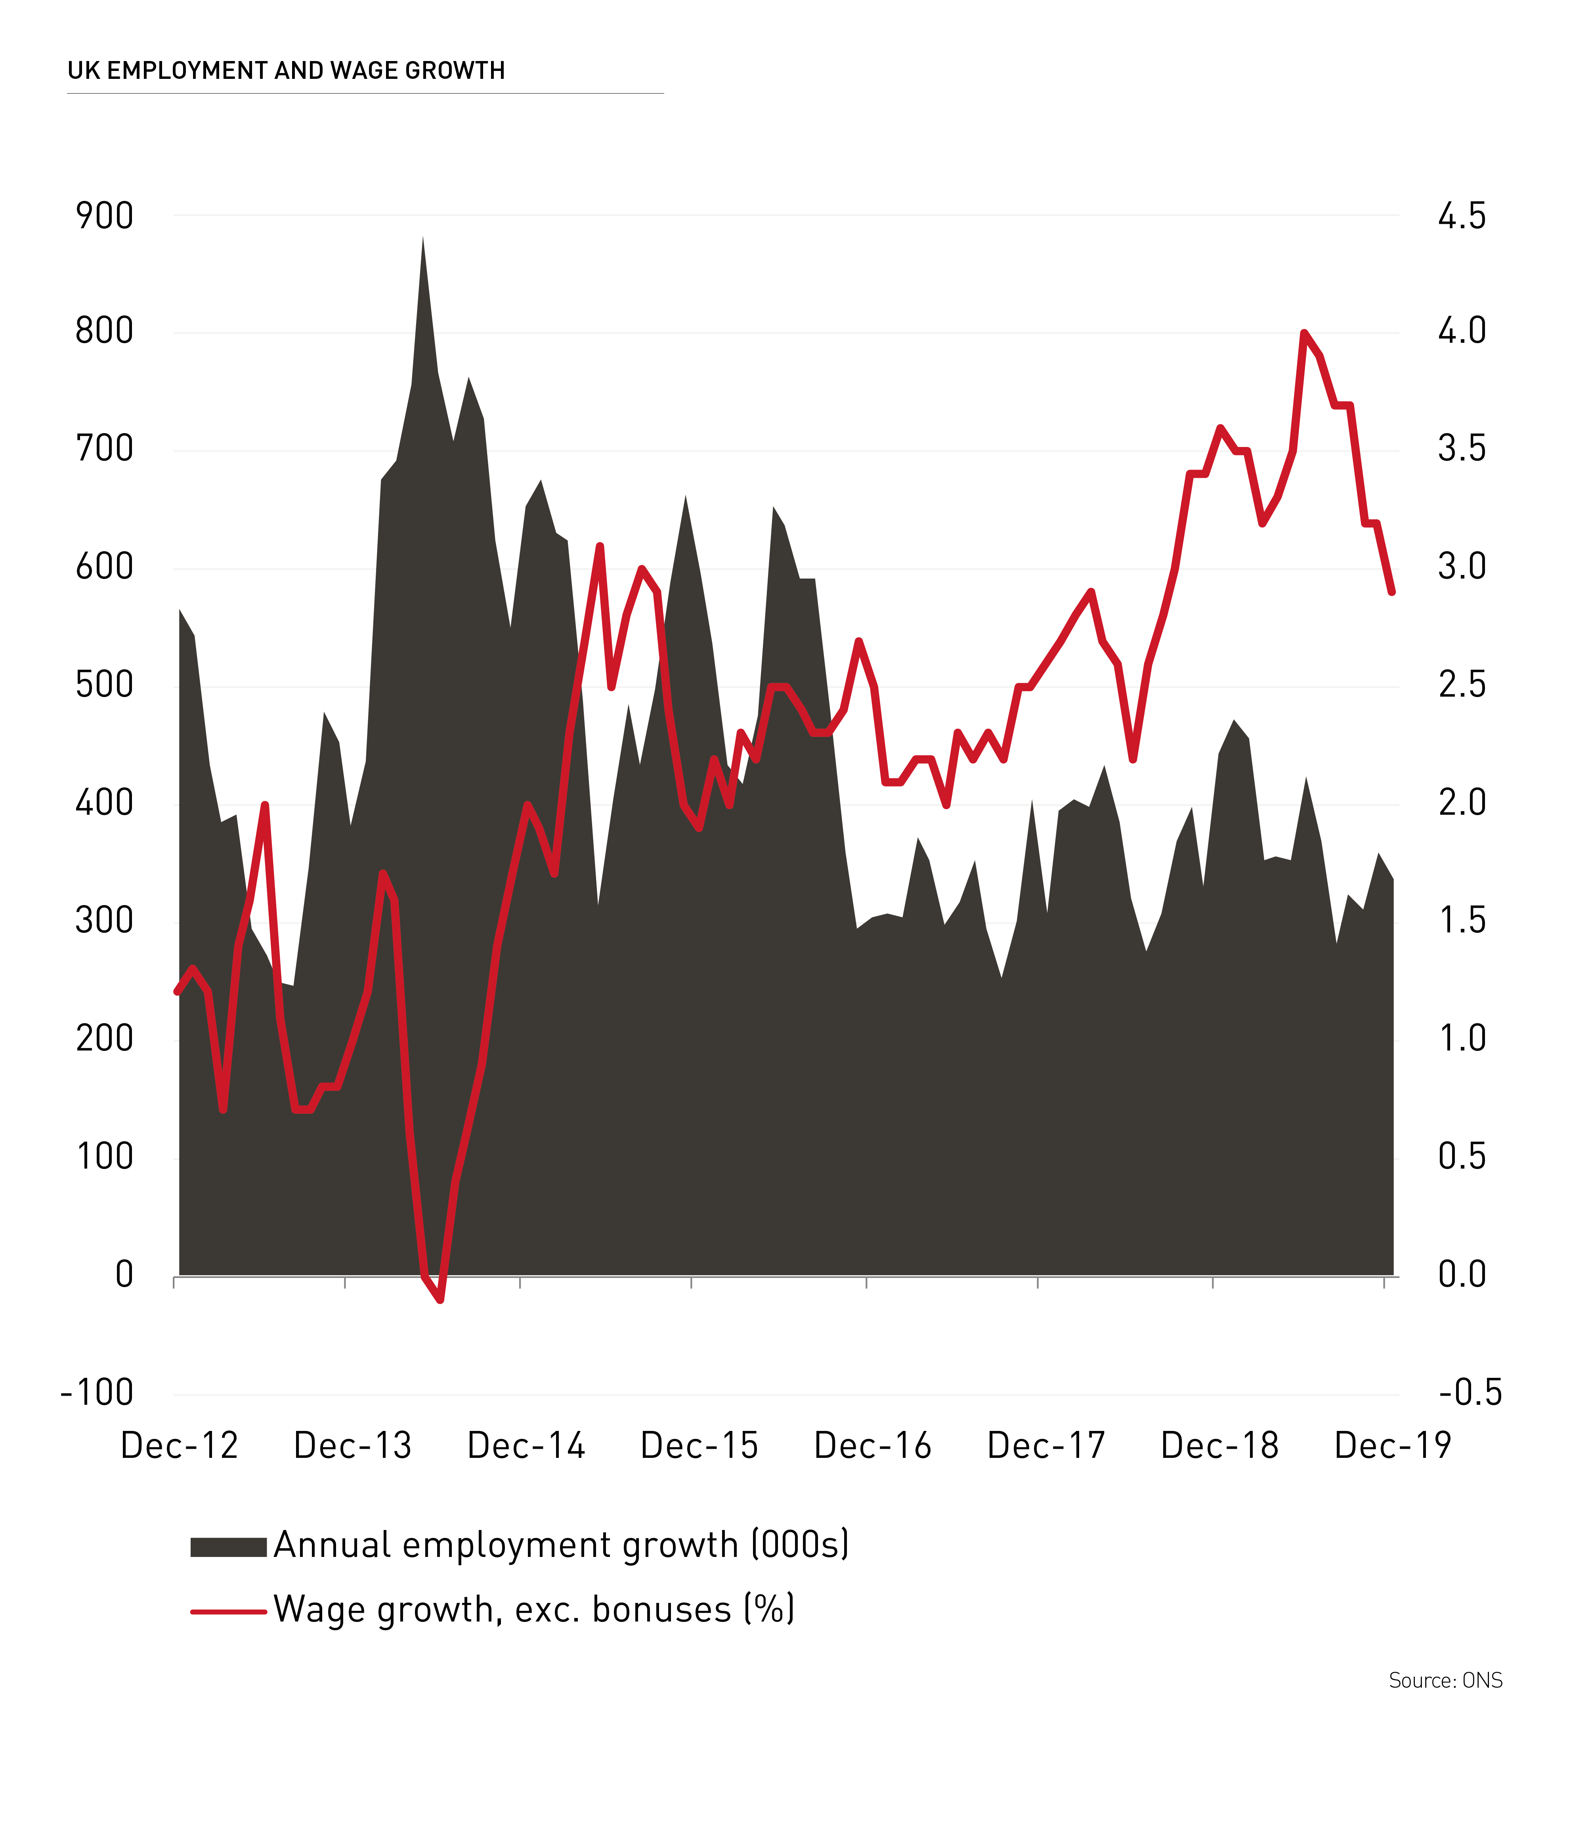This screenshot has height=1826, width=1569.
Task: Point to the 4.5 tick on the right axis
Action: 1462,216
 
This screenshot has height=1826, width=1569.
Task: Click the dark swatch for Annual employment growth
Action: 228,1547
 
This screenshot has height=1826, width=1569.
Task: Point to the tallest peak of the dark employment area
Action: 422,238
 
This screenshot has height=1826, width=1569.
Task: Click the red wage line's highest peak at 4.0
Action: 1304,333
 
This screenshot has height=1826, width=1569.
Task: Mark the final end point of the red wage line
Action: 1392,592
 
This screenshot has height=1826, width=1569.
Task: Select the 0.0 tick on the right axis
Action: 1462,1274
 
